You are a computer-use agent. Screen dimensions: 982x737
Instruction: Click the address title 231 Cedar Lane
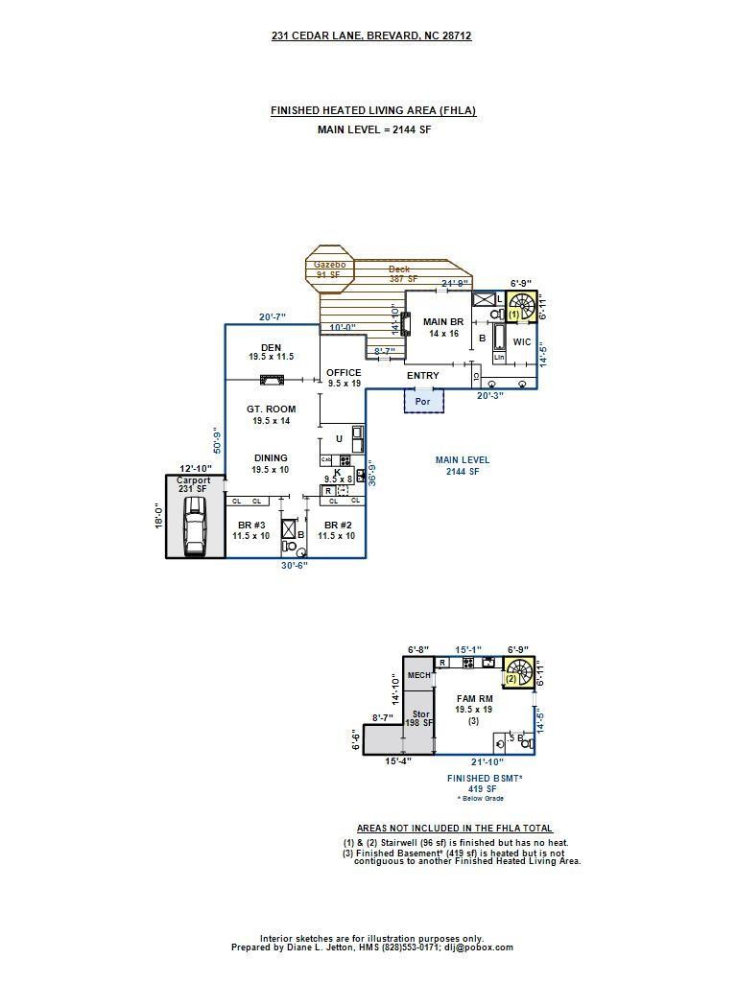pyautogui.click(x=371, y=35)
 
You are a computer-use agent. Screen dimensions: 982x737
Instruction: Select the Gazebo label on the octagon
pyautogui.click(x=329, y=265)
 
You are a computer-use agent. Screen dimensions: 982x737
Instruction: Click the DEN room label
pyautogui.click(x=271, y=347)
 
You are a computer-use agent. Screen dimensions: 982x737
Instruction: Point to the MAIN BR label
pyautogui.click(x=443, y=322)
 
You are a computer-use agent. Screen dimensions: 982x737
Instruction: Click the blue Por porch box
pyautogui.click(x=423, y=400)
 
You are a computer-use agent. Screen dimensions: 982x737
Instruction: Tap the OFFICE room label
pyautogui.click(x=344, y=373)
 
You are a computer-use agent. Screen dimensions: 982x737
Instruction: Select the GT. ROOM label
pyautogui.click(x=271, y=409)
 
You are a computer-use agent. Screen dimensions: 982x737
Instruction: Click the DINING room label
pyautogui.click(x=271, y=458)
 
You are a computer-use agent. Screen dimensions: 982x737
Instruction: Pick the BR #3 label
pyautogui.click(x=250, y=526)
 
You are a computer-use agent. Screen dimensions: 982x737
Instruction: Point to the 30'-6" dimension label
pyautogui.click(x=295, y=566)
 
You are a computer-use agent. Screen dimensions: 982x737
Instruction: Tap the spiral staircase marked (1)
pyautogui.click(x=521, y=307)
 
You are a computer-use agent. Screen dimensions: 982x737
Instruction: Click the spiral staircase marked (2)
pyautogui.click(x=518, y=671)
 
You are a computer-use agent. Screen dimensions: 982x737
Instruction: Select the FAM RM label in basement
pyautogui.click(x=474, y=699)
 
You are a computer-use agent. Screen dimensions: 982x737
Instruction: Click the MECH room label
pyautogui.click(x=418, y=676)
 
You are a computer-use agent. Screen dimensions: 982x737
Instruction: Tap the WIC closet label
pyautogui.click(x=522, y=341)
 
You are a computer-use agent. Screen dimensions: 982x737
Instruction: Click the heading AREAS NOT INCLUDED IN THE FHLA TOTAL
pyautogui.click(x=455, y=829)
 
